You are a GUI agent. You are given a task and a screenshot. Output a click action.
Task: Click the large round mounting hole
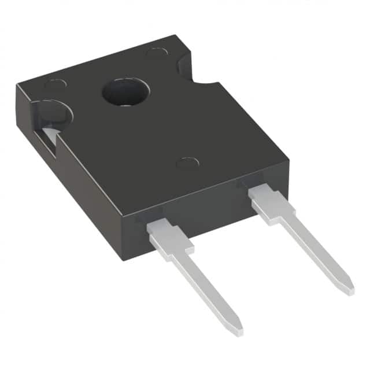[x=125, y=92]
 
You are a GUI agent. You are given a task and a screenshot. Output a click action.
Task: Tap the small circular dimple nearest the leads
[x=187, y=163]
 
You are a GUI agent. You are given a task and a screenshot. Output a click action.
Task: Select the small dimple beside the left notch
[x=55, y=84]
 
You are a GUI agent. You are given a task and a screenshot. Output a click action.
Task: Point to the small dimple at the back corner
[x=156, y=52]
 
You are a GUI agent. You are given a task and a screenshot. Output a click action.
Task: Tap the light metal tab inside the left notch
[x=49, y=138]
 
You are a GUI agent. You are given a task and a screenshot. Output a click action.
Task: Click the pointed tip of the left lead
[x=238, y=331]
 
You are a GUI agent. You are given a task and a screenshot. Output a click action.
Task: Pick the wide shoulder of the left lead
[x=169, y=240]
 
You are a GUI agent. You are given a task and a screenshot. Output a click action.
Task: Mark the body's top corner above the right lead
[x=287, y=161]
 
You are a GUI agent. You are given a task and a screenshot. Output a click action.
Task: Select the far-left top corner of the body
[x=17, y=86]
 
